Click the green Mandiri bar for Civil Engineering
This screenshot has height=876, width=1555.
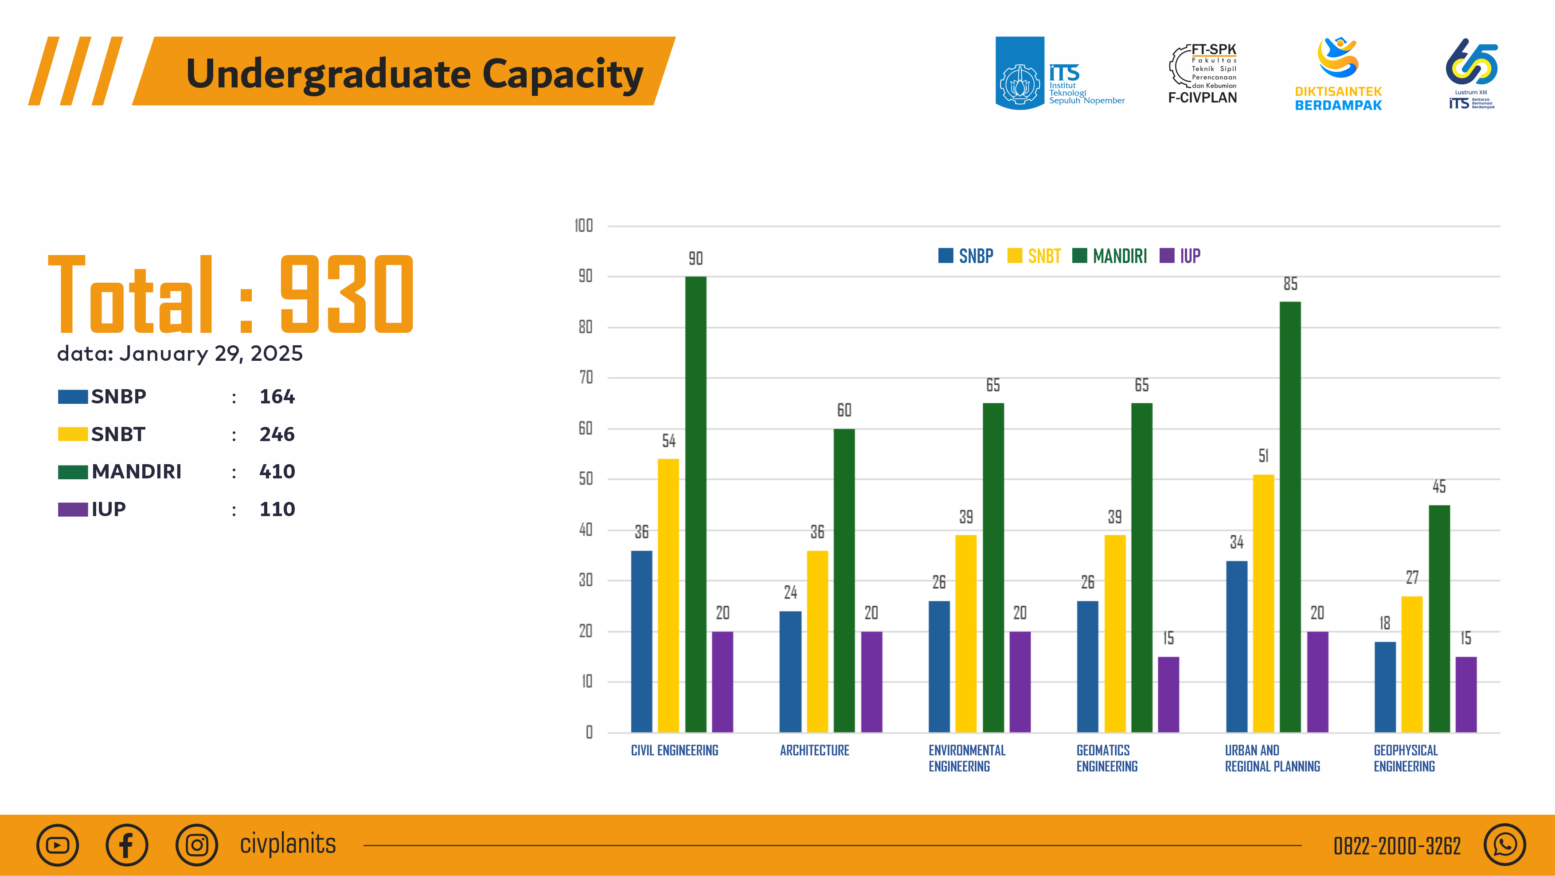tap(695, 505)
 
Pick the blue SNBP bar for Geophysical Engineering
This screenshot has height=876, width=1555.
tap(1385, 687)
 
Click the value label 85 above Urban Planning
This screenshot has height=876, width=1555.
tap(1290, 284)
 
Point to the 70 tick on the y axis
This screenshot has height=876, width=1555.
tap(586, 378)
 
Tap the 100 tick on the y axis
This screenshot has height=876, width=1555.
tap(584, 226)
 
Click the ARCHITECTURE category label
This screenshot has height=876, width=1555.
tap(814, 750)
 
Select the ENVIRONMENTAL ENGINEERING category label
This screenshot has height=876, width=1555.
tap(966, 758)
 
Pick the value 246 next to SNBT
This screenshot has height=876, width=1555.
tap(277, 434)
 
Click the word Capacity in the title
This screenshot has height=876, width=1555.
tap(562, 74)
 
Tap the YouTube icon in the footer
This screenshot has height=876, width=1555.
tap(57, 845)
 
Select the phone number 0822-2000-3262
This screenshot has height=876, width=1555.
tap(1397, 846)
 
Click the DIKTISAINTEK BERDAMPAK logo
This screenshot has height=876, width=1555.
tap(1338, 74)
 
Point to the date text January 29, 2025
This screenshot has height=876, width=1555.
tap(211, 353)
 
